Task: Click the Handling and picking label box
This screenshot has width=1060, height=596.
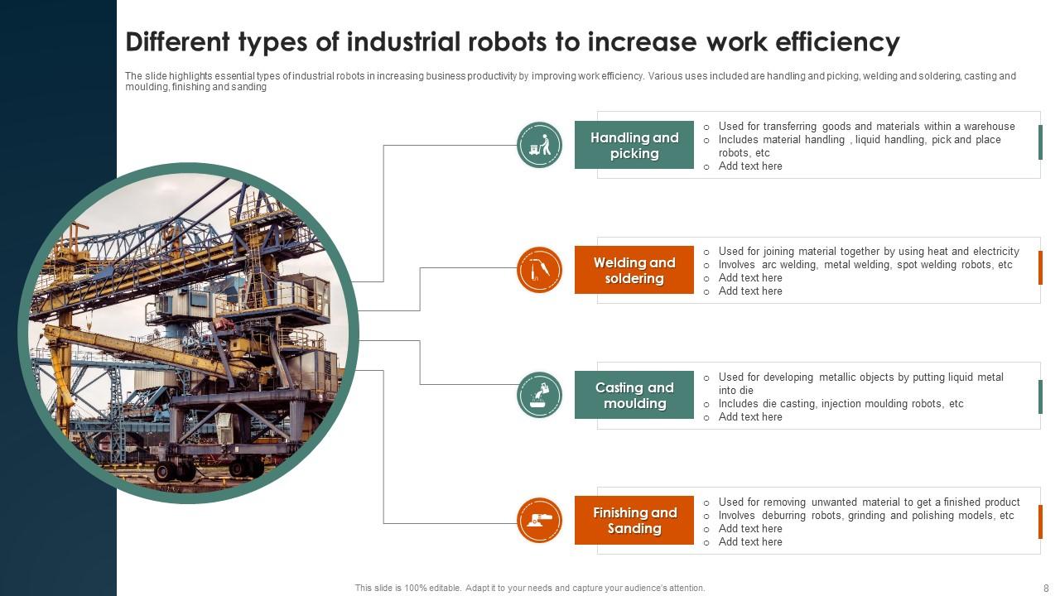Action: click(634, 146)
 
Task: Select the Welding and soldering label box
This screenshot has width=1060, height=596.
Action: click(634, 271)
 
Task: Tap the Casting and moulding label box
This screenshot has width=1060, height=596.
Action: click(634, 396)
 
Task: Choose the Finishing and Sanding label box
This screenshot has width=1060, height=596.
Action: click(634, 521)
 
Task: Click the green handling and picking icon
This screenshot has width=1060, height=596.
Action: click(539, 145)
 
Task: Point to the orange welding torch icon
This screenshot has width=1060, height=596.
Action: click(539, 270)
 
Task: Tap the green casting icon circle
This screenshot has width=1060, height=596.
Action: click(539, 395)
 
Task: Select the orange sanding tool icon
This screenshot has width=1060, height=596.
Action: click(539, 520)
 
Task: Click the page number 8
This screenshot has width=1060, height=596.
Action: click(1046, 589)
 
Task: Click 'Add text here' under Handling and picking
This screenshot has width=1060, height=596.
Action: click(750, 166)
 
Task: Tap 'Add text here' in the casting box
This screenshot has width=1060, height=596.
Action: click(750, 417)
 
